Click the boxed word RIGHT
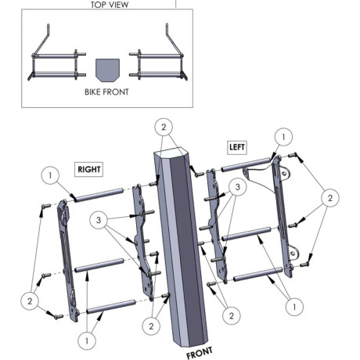coord(89,169)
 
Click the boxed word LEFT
coord(237,147)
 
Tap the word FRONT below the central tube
coord(200,352)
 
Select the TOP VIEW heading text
coord(110,5)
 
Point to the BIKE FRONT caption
coord(106,92)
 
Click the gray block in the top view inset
coord(107,70)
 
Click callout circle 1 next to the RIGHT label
coord(50,175)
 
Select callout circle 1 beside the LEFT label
coord(283,137)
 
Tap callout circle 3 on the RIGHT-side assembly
coord(99,220)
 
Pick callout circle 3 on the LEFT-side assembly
coord(237,187)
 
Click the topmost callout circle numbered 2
coord(164,127)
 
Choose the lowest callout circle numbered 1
coord(87,340)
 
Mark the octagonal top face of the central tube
coord(171,154)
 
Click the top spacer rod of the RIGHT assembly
coord(99,195)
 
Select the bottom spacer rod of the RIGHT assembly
coord(111,307)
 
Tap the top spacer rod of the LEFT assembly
coord(246,164)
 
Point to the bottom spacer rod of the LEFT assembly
coord(258,275)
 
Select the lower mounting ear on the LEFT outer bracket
coord(293,253)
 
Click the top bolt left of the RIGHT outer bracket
coord(45,206)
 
